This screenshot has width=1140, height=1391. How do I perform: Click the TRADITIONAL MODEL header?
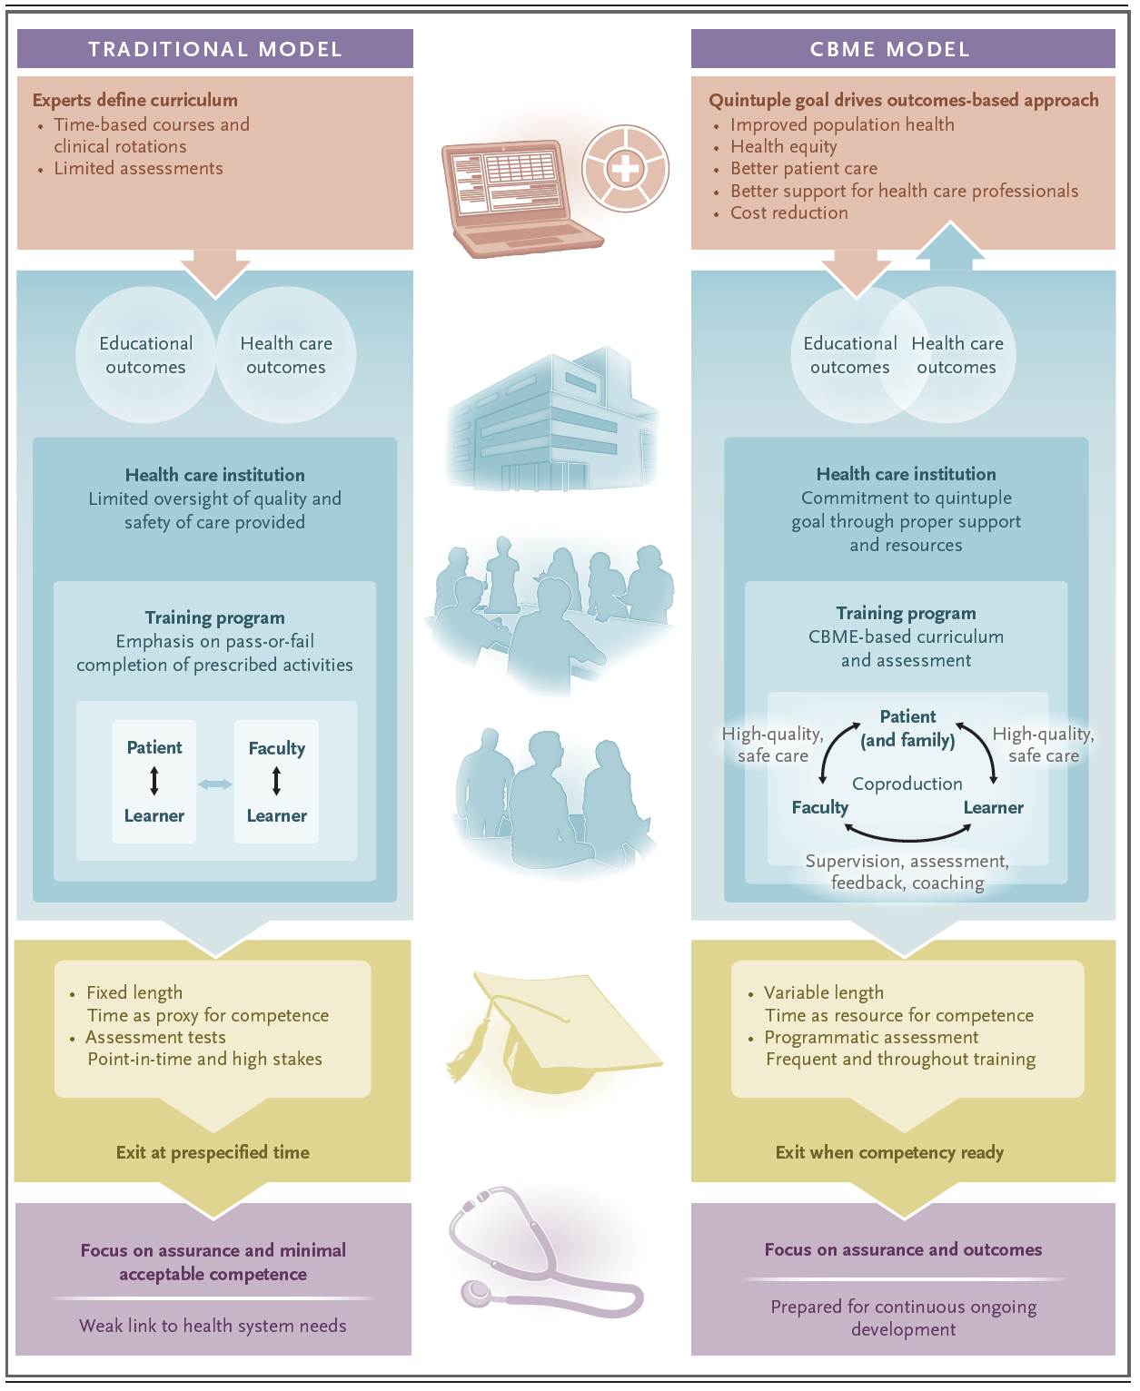214,49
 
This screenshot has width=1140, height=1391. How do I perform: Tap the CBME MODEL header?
889,49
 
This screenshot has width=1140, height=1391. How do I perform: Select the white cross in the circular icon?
625,169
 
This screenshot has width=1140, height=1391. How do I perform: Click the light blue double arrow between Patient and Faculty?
215,784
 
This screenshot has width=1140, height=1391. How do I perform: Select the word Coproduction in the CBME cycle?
907,784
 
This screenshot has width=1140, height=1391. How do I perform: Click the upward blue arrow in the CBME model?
949,245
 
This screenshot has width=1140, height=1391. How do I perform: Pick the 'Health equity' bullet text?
783,146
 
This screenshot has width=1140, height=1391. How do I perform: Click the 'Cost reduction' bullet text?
788,212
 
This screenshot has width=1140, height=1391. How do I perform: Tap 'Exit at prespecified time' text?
213,1152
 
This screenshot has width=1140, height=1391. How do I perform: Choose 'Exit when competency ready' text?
889,1152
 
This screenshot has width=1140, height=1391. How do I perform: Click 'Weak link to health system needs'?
213,1326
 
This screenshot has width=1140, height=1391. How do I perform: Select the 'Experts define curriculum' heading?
135,100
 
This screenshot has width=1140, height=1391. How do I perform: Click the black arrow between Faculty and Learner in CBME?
907,833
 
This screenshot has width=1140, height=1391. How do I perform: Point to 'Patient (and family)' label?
907,728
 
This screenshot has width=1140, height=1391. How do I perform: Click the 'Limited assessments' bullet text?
138,168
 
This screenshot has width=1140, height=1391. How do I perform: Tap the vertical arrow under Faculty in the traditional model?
276,781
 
